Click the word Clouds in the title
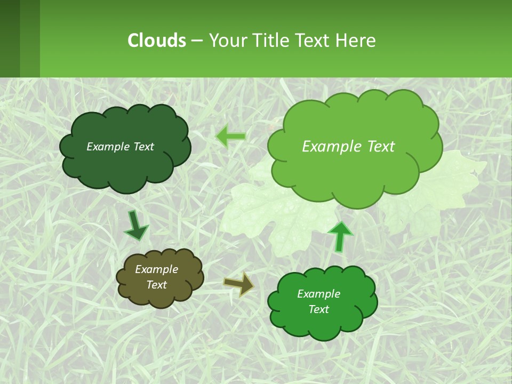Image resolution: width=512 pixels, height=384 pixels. click(157, 41)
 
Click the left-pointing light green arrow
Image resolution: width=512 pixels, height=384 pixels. click(231, 137)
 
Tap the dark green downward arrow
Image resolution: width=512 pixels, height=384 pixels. click(135, 226)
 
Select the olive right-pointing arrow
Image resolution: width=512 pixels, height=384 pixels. click(239, 284)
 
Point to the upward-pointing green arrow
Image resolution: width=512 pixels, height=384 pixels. click(340, 236)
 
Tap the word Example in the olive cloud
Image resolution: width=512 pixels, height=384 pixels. click(156, 269)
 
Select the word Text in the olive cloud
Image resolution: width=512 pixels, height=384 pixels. click(156, 285)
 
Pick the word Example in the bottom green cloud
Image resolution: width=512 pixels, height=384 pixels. click(318, 294)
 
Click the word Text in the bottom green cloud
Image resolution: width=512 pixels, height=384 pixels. click(318, 309)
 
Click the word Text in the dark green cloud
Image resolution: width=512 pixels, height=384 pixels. click(142, 147)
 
